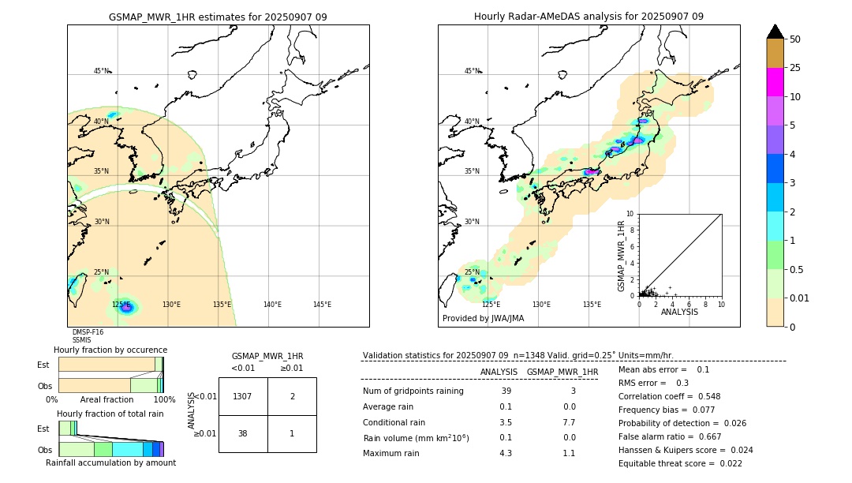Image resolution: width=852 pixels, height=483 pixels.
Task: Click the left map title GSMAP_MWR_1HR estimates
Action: (x=218, y=17)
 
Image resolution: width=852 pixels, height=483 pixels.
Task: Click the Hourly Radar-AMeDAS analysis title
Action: (x=589, y=17)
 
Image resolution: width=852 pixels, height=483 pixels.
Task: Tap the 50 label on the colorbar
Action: (x=795, y=39)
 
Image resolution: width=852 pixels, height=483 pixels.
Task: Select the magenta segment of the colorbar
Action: (x=775, y=82)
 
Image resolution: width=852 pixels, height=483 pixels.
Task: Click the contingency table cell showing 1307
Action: (x=243, y=396)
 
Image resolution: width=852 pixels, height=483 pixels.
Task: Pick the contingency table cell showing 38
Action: (x=243, y=433)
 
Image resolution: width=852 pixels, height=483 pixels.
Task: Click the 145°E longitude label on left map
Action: (x=322, y=305)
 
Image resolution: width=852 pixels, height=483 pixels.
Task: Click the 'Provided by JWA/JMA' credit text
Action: (x=483, y=319)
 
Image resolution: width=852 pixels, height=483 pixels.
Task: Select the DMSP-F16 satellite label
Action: (x=88, y=332)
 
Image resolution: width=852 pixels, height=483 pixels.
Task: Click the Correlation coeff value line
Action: (x=669, y=396)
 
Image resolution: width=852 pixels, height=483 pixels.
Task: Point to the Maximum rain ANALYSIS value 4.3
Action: (x=505, y=453)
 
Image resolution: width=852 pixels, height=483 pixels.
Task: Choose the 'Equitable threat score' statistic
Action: (x=669, y=463)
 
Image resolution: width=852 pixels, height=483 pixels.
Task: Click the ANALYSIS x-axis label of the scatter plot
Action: (x=679, y=312)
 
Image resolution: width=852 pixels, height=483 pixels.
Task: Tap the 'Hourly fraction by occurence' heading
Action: (x=110, y=350)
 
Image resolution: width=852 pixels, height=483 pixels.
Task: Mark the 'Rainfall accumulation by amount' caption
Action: (x=110, y=462)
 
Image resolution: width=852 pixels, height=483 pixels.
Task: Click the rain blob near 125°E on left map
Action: (x=125, y=307)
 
